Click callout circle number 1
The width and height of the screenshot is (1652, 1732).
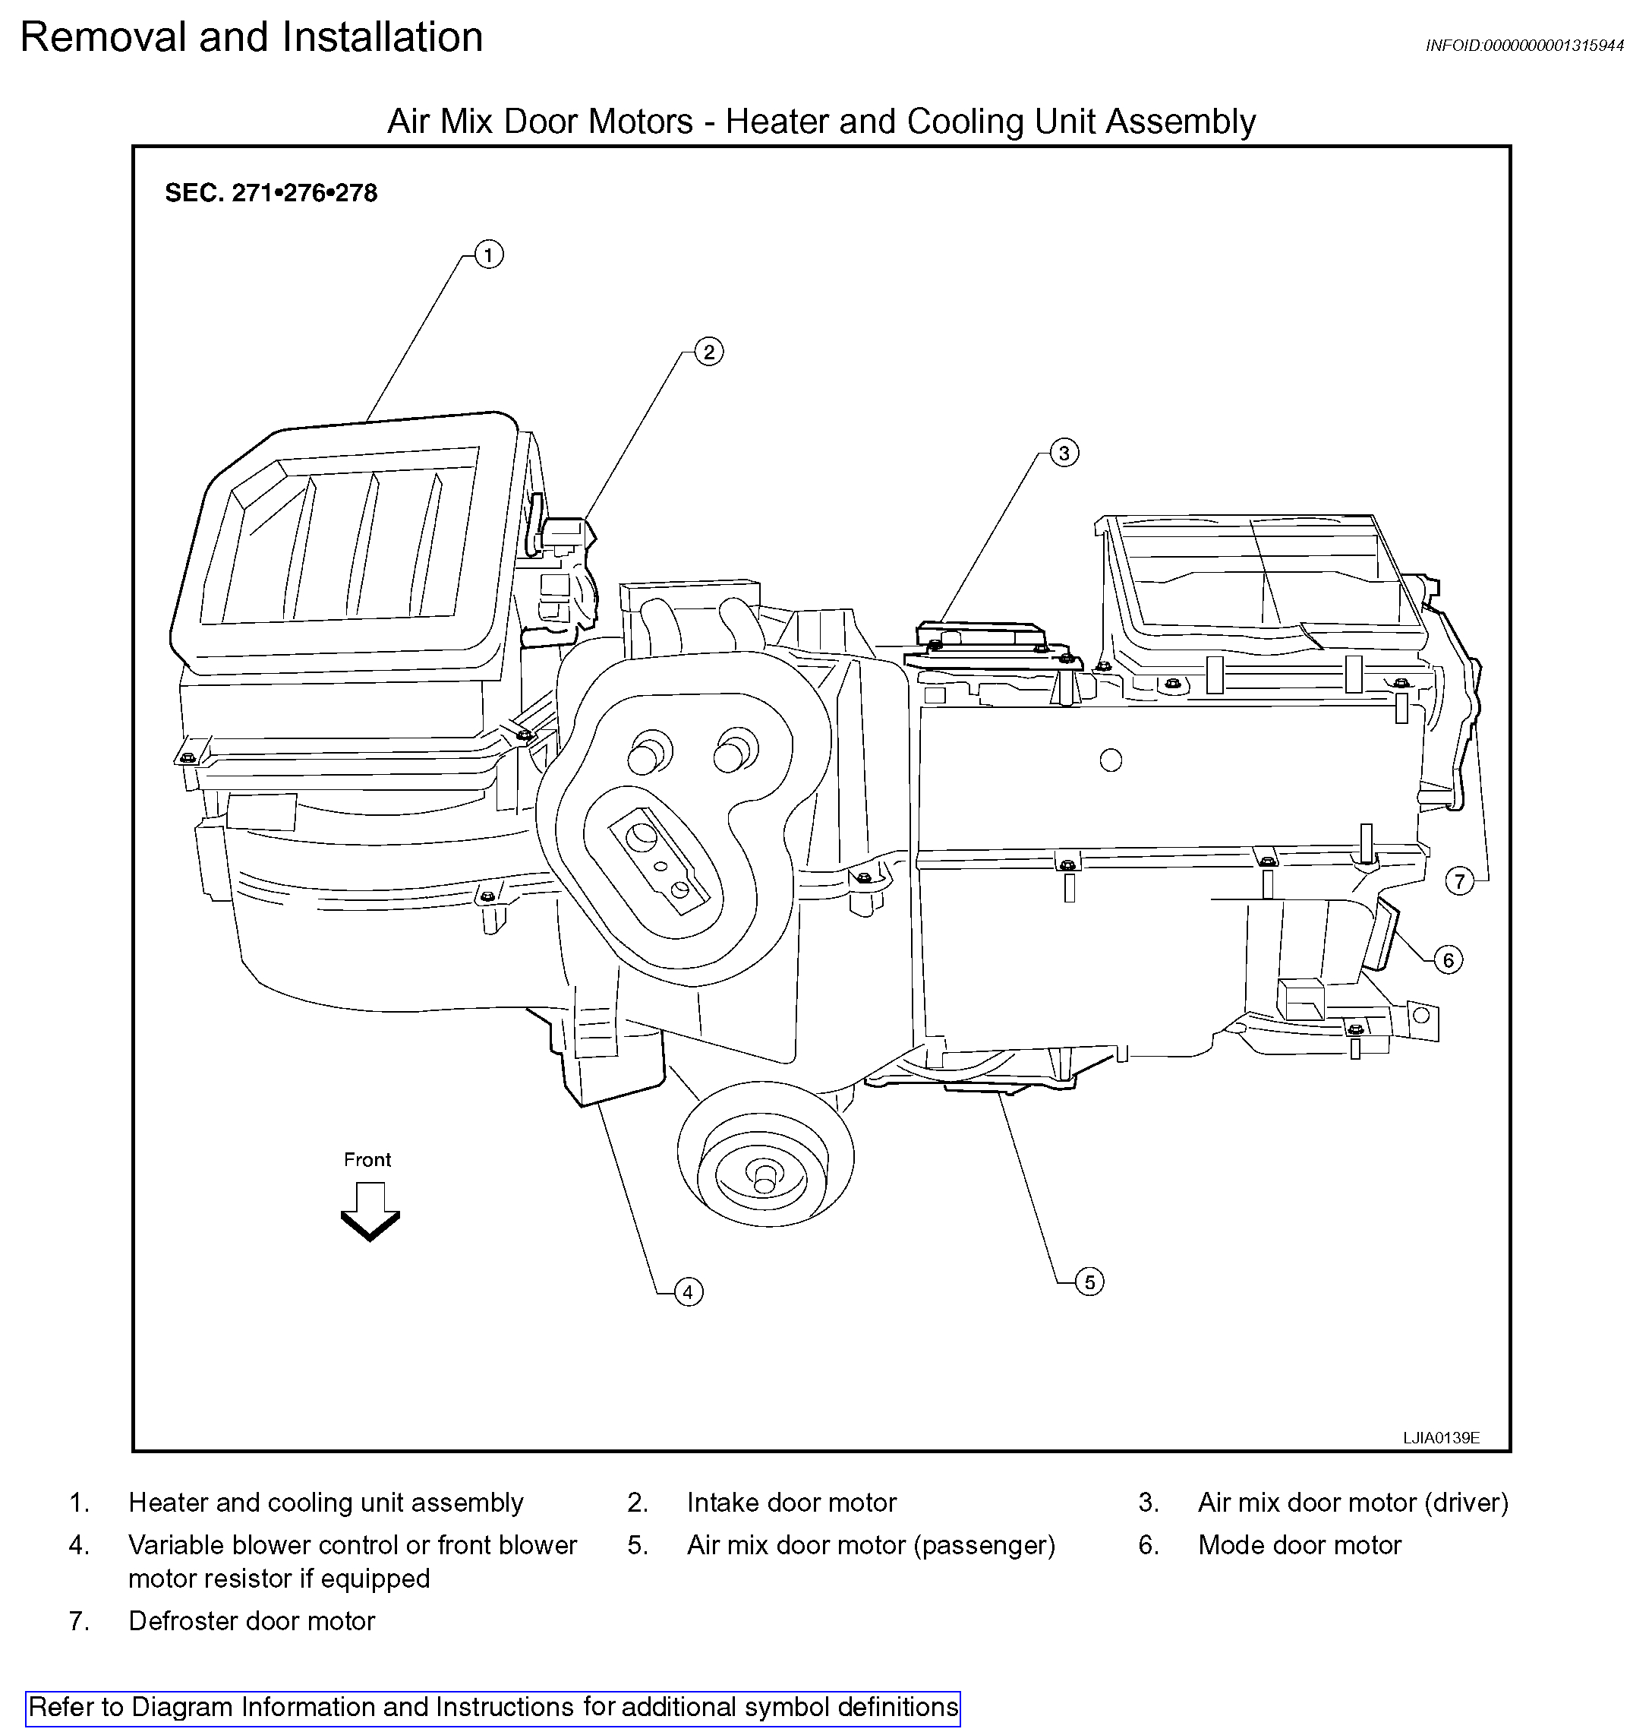[x=489, y=254]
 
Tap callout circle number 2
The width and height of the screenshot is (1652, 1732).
[x=709, y=352]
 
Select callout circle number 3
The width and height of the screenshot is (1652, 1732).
[x=1064, y=453]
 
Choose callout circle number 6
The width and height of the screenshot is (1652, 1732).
[x=1449, y=959]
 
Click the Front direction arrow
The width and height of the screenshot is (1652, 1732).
[x=370, y=1212]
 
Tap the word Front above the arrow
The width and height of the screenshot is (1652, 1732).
[x=367, y=1159]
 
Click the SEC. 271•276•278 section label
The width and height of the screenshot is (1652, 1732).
[x=271, y=193]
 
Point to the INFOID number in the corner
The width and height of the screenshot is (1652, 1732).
[x=1524, y=46]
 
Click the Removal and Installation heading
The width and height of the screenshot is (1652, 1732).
[x=252, y=38]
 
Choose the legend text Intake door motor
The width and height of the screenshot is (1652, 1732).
[x=791, y=1502]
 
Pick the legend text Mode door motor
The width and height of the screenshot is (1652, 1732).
[x=1299, y=1544]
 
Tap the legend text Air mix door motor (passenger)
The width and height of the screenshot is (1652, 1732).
[x=870, y=1544]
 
